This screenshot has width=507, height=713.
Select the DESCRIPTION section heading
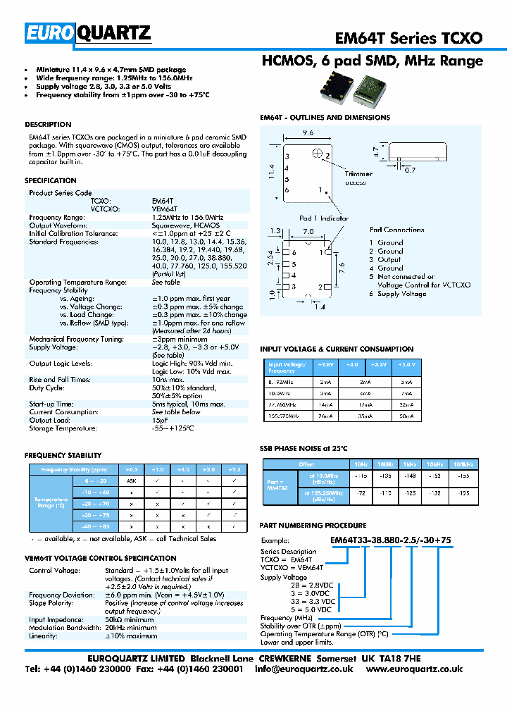pyautogui.click(x=48, y=124)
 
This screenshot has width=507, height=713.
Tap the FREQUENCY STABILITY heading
pyautogui.click(x=63, y=456)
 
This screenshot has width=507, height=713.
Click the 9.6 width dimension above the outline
pyautogui.click(x=307, y=132)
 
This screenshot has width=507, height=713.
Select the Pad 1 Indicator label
pyautogui.click(x=323, y=218)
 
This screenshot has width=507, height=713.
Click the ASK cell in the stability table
pyautogui.click(x=131, y=480)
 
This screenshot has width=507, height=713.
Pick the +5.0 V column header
pyautogui.click(x=406, y=365)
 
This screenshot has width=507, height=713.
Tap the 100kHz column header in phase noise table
pyautogui.click(x=463, y=464)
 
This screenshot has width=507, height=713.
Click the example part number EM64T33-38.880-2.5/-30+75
pyautogui.click(x=391, y=539)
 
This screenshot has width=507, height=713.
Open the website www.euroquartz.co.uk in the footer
pyautogui.click(x=415, y=669)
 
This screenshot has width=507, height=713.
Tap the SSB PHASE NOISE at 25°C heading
pyautogui.click(x=303, y=448)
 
